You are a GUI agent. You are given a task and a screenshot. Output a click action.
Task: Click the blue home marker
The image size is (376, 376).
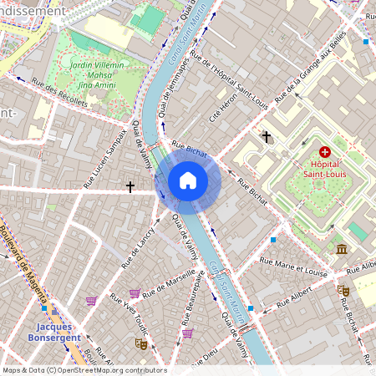tap(188, 180)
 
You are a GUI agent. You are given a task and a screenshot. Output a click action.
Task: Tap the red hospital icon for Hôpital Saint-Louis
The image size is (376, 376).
tap(325, 152)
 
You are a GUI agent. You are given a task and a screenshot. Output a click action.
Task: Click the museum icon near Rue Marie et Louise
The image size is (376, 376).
tap(341, 249)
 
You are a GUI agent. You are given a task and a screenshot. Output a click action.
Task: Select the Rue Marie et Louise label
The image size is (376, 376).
tap(293, 267)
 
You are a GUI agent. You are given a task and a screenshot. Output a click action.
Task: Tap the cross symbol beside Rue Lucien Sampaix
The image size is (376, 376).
tap(130, 187)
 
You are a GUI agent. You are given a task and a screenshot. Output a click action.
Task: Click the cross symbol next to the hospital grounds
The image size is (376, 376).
tap(267, 135)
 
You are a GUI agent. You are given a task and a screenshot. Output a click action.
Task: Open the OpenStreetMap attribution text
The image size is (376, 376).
tap(84, 369)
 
